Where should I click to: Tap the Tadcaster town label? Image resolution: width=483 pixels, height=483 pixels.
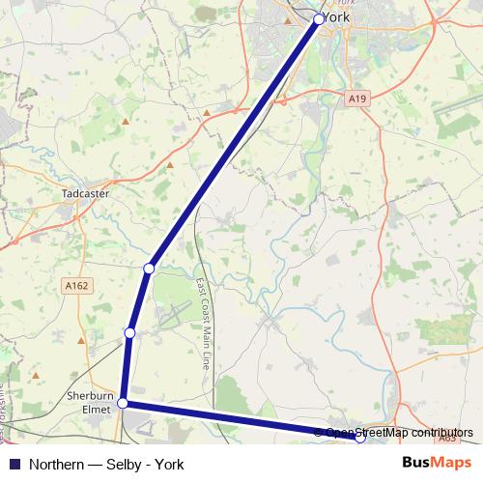point(85,192)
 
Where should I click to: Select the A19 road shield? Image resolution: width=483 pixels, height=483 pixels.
point(357,99)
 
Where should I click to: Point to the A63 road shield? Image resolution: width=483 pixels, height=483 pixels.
point(446,438)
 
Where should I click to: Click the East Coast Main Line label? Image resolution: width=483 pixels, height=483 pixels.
point(203,325)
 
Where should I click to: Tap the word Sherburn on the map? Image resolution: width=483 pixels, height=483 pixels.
point(90,396)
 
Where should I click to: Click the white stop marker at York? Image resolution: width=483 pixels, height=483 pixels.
point(320,18)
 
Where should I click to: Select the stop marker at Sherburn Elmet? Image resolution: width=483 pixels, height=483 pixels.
point(123,404)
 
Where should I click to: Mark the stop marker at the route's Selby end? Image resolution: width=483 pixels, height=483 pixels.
point(360,438)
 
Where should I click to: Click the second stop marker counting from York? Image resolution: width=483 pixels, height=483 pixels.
point(149,268)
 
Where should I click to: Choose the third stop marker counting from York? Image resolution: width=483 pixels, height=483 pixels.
point(129,333)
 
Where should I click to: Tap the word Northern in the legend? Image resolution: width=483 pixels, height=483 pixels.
point(58,464)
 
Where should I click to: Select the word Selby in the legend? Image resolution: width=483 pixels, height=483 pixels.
point(127,464)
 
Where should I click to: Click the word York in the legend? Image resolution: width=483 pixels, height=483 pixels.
point(169,464)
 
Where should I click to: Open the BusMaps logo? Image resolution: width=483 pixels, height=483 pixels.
point(437,463)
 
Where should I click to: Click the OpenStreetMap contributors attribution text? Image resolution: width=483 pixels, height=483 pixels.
point(399,433)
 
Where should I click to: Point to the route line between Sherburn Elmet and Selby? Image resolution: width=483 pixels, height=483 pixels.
point(241,420)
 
